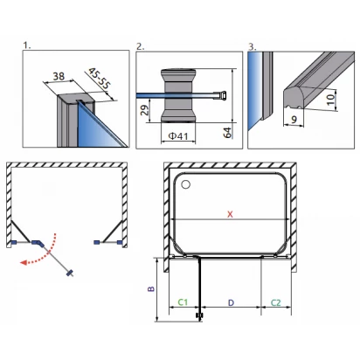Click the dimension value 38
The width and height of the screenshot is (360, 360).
tap(59, 76)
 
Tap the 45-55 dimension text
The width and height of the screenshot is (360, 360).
tap(100, 78)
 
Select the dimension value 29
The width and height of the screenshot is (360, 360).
tap(145, 110)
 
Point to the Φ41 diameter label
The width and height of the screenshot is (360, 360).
tap(178, 136)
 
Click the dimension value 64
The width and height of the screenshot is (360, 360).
tap(227, 133)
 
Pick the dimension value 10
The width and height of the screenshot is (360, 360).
tap(330, 100)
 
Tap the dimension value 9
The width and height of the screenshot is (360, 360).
tap(294, 120)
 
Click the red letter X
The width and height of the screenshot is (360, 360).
tap(230, 214)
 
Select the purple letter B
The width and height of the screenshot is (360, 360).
tap(151, 288)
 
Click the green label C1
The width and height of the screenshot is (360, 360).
tap(183, 302)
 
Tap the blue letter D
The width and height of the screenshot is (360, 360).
tap(231, 303)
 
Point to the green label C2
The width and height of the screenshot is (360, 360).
tap(275, 303)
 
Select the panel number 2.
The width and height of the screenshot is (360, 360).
tap(141, 46)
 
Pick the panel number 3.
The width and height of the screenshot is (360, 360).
tap(253, 46)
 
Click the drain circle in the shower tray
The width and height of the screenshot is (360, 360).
tap(185, 184)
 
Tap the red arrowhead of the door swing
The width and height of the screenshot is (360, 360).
tap(24, 262)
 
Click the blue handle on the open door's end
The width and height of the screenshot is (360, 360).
tap(70, 273)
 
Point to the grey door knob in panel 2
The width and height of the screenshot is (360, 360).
tap(178, 95)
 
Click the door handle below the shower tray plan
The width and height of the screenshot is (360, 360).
tap(200, 315)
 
